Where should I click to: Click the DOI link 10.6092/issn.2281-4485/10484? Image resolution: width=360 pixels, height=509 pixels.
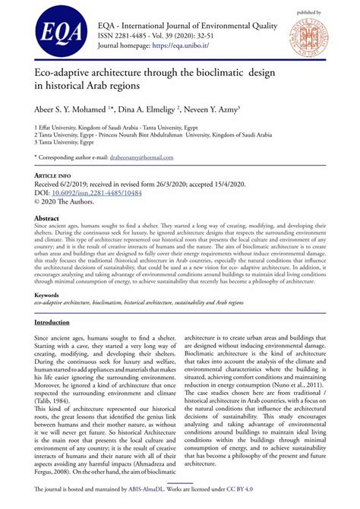(96, 193)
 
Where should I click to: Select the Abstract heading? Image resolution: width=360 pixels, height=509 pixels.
(46, 218)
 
